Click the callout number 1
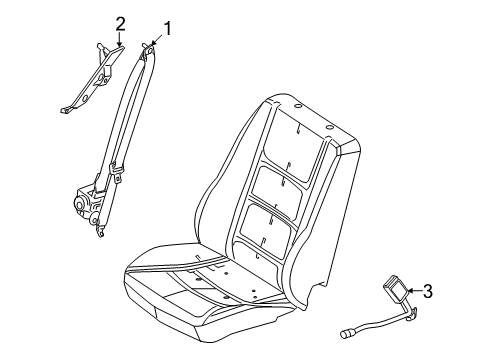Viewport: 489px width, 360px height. tap(167, 29)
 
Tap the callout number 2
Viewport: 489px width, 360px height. tap(120, 24)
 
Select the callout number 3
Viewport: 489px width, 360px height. tap(427, 291)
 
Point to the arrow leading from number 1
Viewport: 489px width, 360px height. tap(156, 40)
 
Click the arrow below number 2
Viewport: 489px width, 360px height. tap(119, 39)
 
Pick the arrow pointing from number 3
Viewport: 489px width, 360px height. tap(414, 291)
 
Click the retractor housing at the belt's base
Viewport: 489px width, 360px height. tap(87, 204)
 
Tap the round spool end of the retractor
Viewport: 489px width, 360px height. tap(80, 205)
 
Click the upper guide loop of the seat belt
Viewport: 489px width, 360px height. tap(148, 51)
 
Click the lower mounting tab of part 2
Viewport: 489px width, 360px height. tap(66, 110)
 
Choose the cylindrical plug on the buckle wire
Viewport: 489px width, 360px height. tap(347, 333)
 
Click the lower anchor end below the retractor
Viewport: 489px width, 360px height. tap(100, 231)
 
